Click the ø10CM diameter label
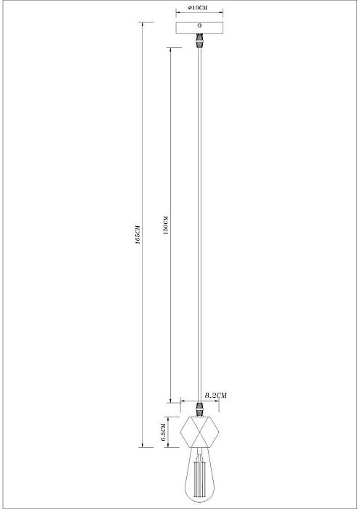[199, 7]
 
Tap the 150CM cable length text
[167, 226]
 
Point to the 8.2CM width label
[215, 395]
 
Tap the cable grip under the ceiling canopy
[199, 41]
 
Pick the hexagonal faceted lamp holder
[199, 433]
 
